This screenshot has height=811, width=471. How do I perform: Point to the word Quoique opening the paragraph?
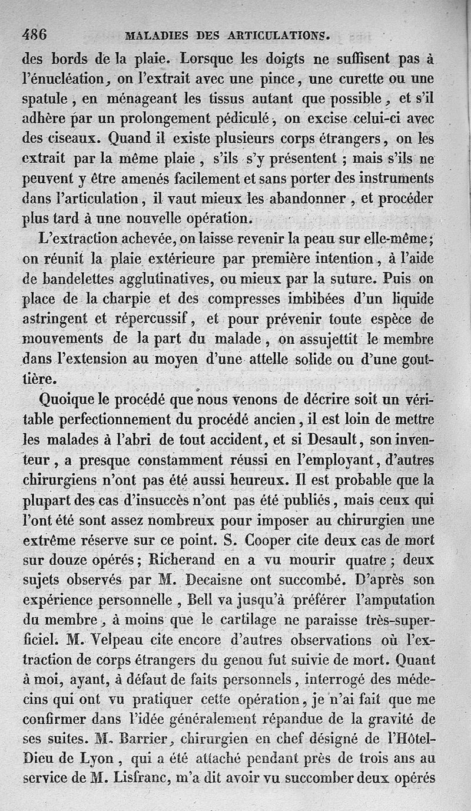point(68,400)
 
